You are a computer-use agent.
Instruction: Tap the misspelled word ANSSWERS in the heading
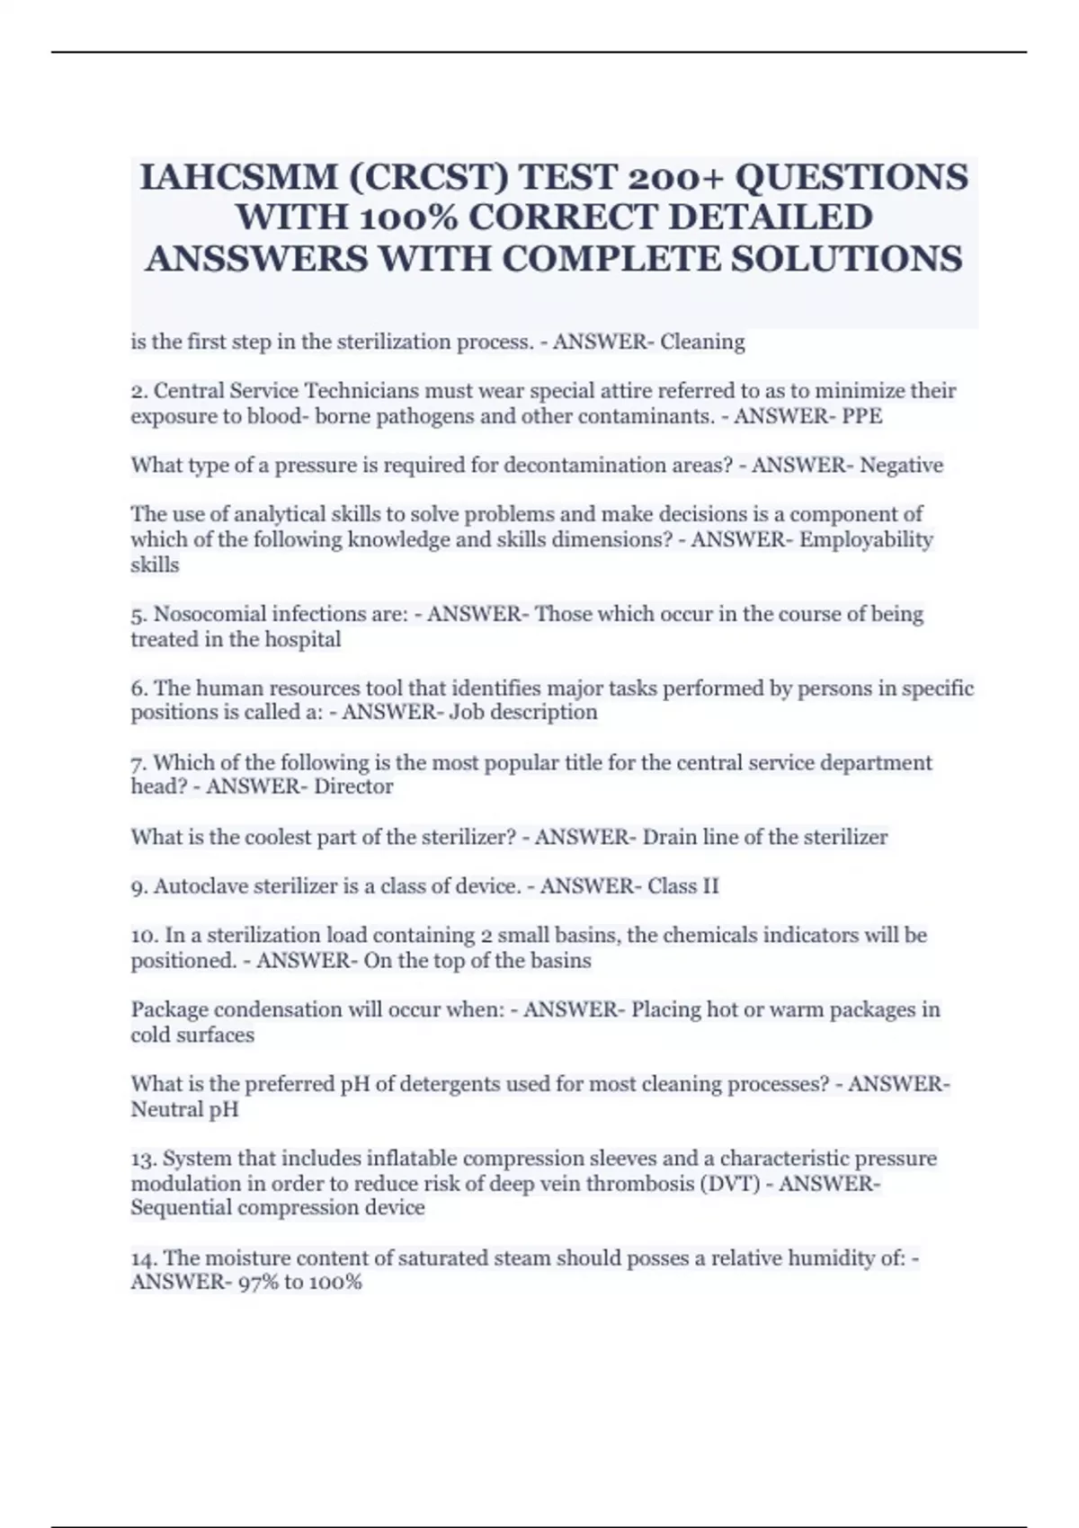254,259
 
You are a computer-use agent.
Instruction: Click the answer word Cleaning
702,342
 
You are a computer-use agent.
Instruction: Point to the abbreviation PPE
862,416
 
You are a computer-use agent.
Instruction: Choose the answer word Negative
902,466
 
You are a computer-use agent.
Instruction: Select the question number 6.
138,688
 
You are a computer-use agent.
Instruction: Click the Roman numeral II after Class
709,886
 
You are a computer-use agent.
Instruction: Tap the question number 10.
144,936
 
